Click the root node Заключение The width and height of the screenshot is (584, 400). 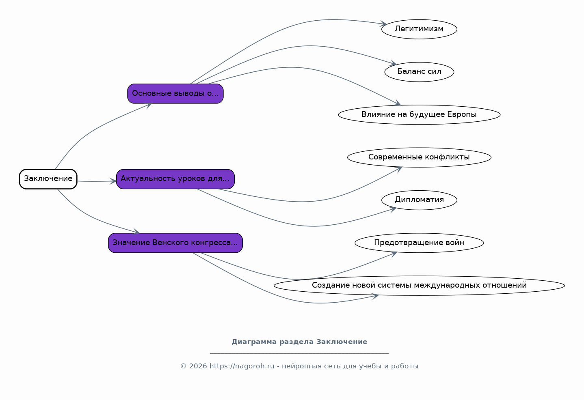[x=48, y=179]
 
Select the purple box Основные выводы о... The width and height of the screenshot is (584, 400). [x=175, y=93]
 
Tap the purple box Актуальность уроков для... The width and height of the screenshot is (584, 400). [x=175, y=179]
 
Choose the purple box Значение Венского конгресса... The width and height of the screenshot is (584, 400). [x=175, y=243]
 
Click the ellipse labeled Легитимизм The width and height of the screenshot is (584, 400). [x=419, y=29]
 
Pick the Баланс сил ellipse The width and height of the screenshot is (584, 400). [x=419, y=72]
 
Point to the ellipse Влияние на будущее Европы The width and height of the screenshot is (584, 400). [x=419, y=114]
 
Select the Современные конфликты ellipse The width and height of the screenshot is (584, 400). [x=419, y=157]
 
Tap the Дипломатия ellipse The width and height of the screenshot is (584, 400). [x=419, y=200]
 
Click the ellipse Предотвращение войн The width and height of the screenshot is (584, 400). [x=419, y=243]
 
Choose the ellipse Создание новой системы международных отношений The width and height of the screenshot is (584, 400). [x=419, y=286]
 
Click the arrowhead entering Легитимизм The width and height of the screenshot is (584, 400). [x=384, y=24]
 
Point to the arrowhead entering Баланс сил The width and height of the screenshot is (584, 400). [x=394, y=63]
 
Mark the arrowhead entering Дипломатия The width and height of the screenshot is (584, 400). [x=393, y=209]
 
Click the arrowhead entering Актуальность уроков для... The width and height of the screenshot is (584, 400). [x=113, y=181]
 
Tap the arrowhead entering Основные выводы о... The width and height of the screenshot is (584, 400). [x=149, y=105]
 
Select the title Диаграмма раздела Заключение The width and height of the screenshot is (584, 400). [x=299, y=342]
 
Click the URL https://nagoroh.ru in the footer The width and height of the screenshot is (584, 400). [x=242, y=366]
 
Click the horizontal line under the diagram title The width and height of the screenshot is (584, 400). [x=299, y=353]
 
